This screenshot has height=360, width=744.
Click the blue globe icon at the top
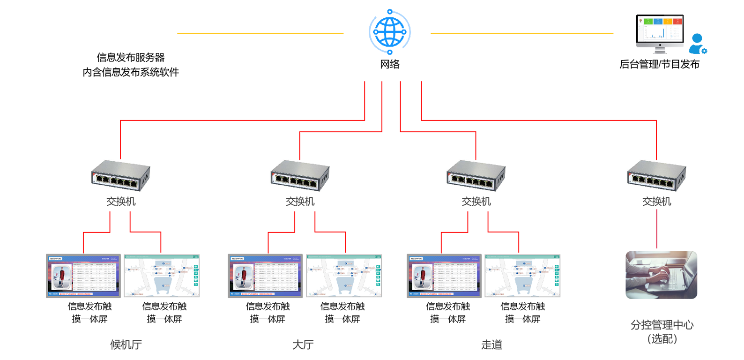390,30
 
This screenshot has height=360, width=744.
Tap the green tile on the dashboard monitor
648,21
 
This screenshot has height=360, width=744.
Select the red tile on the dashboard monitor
677,21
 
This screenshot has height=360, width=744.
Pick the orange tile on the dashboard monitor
668,21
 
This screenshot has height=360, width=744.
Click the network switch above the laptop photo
656,176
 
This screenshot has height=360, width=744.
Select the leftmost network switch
120,176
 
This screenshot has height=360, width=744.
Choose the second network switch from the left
300,176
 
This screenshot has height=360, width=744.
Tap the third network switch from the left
476,176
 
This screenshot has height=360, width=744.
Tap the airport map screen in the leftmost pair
162,276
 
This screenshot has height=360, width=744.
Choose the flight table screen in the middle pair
265,276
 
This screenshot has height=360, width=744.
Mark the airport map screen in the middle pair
344,276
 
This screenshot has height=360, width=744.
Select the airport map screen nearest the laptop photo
522,276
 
